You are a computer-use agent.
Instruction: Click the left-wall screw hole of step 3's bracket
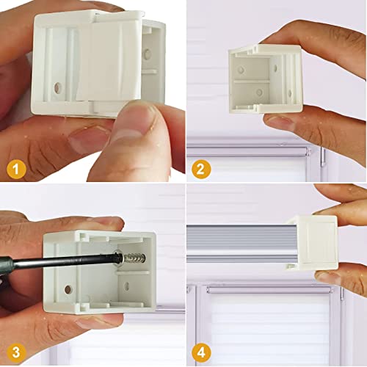tap(68, 290)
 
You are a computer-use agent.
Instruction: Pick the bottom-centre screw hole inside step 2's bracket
tap(259, 92)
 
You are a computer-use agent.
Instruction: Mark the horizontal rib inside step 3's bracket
tap(132, 273)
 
